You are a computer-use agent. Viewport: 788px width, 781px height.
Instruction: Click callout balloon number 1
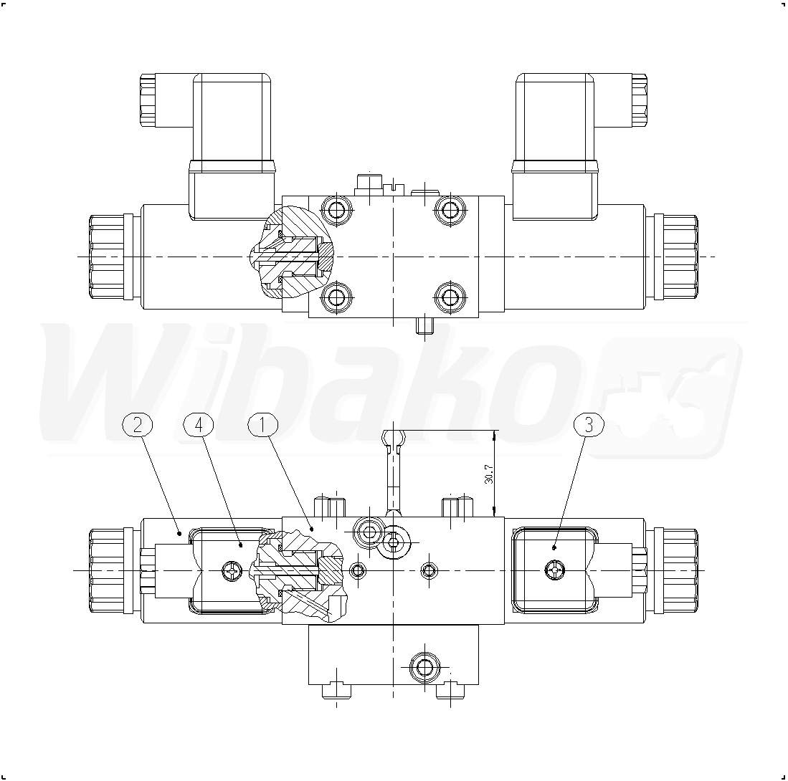(x=262, y=425)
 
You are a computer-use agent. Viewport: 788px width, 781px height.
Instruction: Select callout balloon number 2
(x=137, y=425)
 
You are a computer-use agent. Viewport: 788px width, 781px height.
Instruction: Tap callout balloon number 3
(x=589, y=425)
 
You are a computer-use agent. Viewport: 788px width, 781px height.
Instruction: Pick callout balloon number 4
(x=199, y=425)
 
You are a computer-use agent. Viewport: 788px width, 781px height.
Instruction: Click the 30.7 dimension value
(x=489, y=474)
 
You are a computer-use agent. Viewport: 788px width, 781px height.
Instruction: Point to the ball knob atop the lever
(x=393, y=438)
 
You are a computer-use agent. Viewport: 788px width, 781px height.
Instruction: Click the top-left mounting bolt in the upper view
(x=336, y=209)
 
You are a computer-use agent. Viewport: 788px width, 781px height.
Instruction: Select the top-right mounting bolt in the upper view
(x=450, y=209)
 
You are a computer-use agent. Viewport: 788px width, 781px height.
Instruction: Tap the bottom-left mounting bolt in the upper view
(x=336, y=297)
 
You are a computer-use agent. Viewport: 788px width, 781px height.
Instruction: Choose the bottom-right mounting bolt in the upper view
(x=450, y=297)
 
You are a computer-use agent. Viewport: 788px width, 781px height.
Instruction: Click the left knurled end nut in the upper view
(x=107, y=257)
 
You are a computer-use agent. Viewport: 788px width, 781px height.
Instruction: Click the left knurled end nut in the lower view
(x=107, y=570)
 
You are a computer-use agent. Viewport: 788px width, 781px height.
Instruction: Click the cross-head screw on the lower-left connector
(x=232, y=570)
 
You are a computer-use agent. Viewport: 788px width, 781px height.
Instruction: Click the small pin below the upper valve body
(x=425, y=325)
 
